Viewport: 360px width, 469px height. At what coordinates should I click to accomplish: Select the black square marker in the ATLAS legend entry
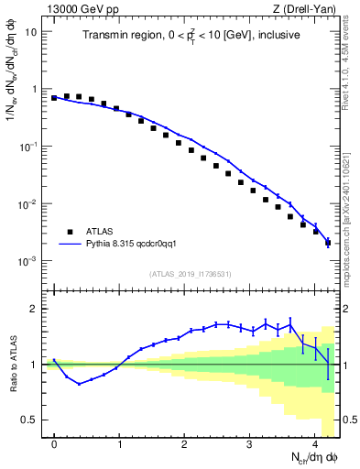(70, 232)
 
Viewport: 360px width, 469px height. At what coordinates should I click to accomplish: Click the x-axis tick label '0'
(55, 444)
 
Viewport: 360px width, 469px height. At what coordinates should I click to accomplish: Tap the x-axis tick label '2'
(185, 444)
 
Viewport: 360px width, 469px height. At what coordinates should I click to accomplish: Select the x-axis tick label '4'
(315, 444)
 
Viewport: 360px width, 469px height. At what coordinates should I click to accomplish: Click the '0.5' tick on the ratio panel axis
(29, 420)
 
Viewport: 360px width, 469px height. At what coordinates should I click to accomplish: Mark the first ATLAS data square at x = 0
(55, 97)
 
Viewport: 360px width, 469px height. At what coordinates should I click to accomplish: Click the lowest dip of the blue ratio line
(80, 384)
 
